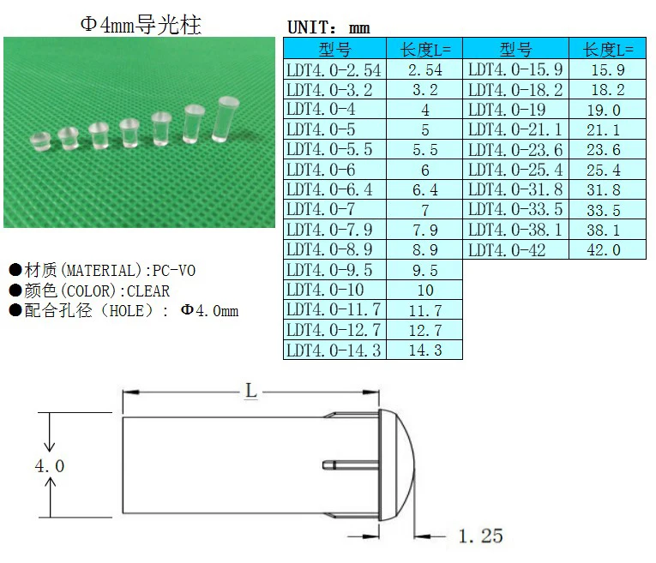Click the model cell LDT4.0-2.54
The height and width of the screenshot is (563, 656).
tap(334, 70)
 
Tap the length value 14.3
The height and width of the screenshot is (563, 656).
tap(425, 350)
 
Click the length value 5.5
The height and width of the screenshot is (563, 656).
tap(425, 150)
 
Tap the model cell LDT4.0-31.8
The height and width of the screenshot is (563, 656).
tap(515, 189)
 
